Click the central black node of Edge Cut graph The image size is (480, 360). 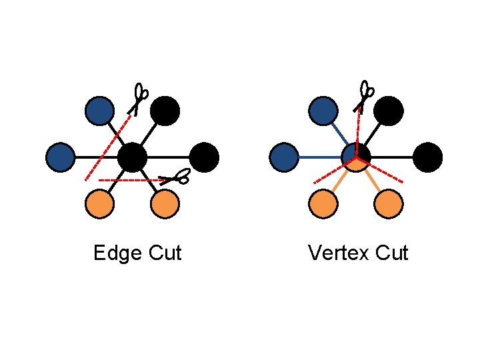coord(132,157)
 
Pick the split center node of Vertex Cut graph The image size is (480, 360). coord(356,157)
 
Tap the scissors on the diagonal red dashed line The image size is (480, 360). coord(139,99)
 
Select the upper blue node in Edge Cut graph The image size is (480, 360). coord(100,111)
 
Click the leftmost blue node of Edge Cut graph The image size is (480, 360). coord(60,157)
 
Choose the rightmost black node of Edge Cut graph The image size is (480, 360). coord(204,157)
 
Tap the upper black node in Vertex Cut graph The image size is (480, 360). coord(389,111)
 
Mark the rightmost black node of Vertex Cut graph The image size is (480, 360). coord(427,157)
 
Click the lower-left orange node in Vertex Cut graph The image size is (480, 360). coord(323,205)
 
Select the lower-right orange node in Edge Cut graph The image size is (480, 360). coord(164,205)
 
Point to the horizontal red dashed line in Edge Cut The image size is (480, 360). coord(130,180)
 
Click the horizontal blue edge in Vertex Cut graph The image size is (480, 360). coord(320,157)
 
